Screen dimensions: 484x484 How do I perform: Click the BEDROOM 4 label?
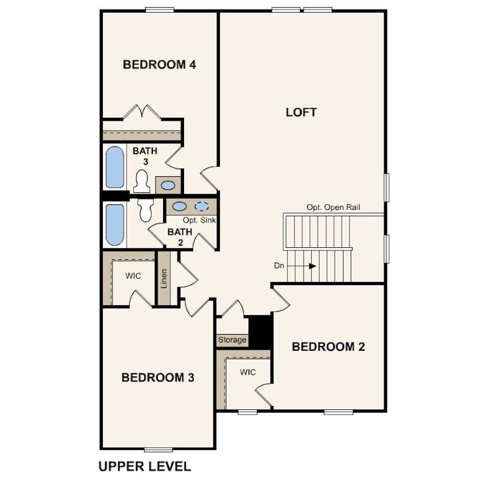160,65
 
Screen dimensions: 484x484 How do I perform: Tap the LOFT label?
301,112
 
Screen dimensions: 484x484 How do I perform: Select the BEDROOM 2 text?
329,347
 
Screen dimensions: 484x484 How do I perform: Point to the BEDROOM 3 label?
158,377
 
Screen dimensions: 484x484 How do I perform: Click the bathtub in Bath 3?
115,167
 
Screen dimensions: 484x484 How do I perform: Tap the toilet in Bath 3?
142,182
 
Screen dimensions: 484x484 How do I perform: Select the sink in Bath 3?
168,185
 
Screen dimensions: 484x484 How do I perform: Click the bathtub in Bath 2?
115,225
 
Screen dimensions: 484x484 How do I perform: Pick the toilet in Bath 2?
146,210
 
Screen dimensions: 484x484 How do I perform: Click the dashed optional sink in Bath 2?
202,206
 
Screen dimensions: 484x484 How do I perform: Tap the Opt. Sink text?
200,220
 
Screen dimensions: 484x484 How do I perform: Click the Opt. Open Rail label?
333,207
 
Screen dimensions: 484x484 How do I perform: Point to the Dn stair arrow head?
313,266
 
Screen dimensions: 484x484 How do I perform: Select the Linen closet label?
164,278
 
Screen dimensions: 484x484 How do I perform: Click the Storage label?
232,340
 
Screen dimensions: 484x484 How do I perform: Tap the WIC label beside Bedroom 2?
248,372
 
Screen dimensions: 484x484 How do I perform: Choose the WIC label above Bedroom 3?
133,275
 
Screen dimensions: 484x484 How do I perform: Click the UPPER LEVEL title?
145,466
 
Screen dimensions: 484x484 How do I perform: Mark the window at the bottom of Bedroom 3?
158,449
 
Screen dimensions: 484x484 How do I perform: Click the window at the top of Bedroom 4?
160,10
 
